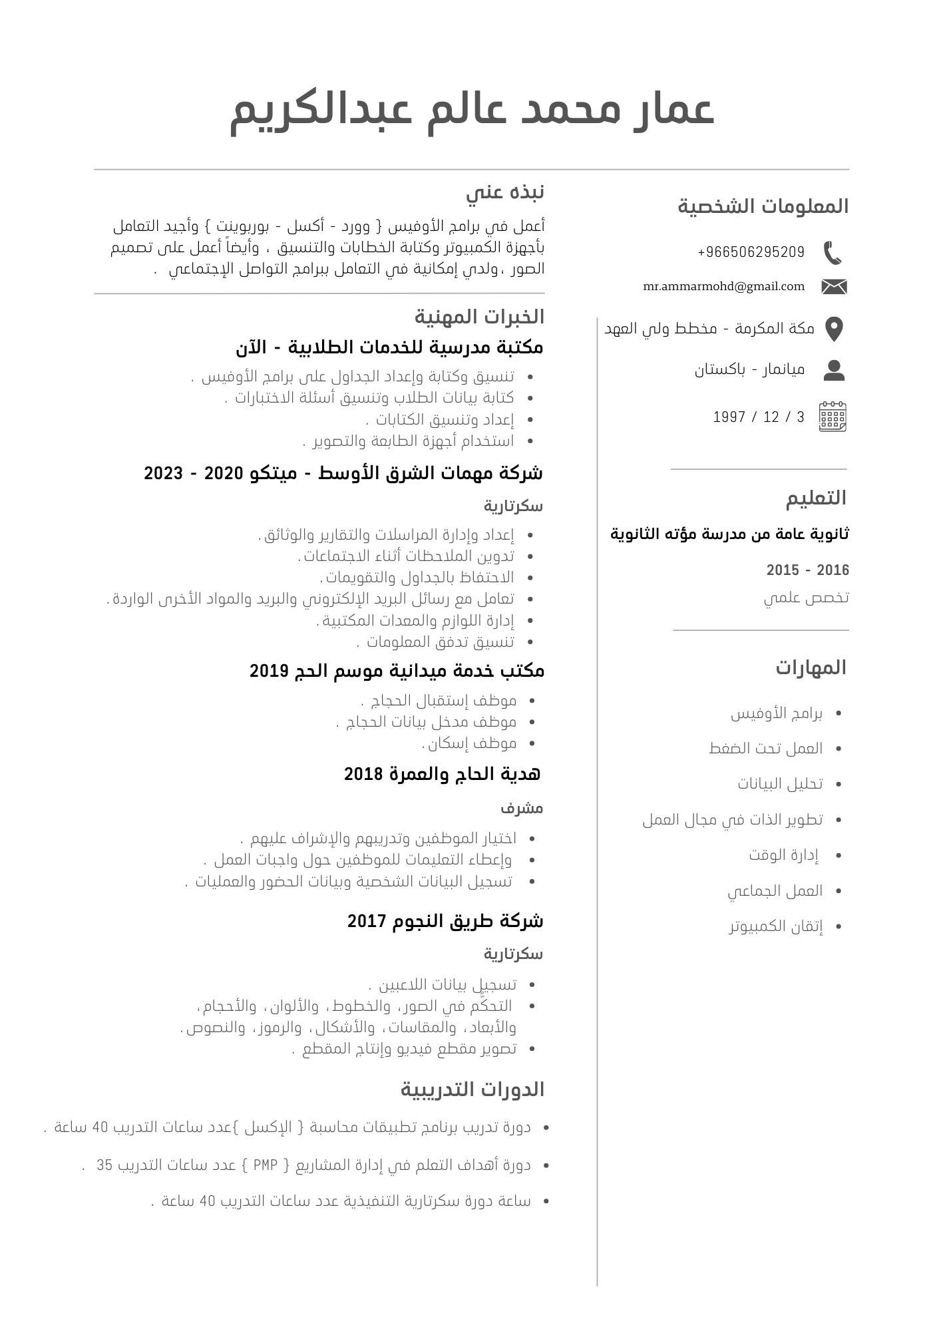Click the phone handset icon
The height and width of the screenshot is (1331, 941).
(x=833, y=253)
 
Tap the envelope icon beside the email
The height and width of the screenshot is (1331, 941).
(x=834, y=287)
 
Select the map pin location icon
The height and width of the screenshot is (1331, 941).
(x=834, y=329)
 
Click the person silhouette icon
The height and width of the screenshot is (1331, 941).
(x=834, y=370)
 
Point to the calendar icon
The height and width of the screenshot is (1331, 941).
(x=833, y=417)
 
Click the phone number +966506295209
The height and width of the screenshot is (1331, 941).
(x=751, y=252)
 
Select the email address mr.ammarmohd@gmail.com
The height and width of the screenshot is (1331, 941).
(x=724, y=286)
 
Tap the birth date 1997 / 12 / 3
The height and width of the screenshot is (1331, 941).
(x=759, y=417)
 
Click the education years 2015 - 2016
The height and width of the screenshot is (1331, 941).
(x=808, y=570)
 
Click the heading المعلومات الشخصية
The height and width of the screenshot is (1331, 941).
(x=763, y=206)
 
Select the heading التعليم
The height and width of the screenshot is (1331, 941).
(x=816, y=498)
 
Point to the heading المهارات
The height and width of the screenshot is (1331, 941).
(x=811, y=667)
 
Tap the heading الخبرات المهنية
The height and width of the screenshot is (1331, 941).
(x=479, y=317)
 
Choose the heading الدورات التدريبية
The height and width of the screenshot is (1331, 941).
(x=472, y=1089)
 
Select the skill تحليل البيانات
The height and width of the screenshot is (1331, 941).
(x=780, y=783)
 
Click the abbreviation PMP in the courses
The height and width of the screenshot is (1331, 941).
(x=265, y=1165)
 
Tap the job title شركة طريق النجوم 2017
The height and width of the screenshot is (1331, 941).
(x=445, y=921)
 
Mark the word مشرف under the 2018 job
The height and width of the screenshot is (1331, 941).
(x=522, y=809)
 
